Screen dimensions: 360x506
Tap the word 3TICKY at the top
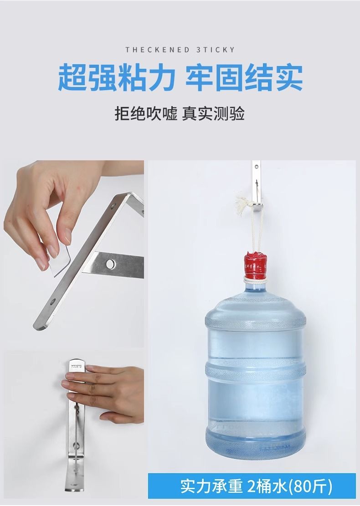pyautogui.click(x=215, y=50)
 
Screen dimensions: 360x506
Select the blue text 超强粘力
pyautogui.click(x=117, y=78)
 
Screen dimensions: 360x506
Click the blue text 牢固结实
pyautogui.click(x=244, y=78)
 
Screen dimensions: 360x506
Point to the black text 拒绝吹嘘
pyautogui.click(x=146, y=113)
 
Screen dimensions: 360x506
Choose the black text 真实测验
pyautogui.click(x=213, y=113)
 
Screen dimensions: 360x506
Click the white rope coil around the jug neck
pyautogui.click(x=255, y=281)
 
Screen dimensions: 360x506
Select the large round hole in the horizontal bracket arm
pyautogui.click(x=110, y=264)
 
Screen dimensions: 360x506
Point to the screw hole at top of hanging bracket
pyautogui.click(x=257, y=167)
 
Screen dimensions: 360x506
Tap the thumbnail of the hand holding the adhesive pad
pyautogui.click(x=74, y=254)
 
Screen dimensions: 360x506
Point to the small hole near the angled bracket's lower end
pyautogui.click(x=52, y=302)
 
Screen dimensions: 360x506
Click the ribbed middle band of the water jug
pyautogui.click(x=255, y=371)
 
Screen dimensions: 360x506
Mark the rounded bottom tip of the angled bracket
pyautogui.click(x=39, y=327)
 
